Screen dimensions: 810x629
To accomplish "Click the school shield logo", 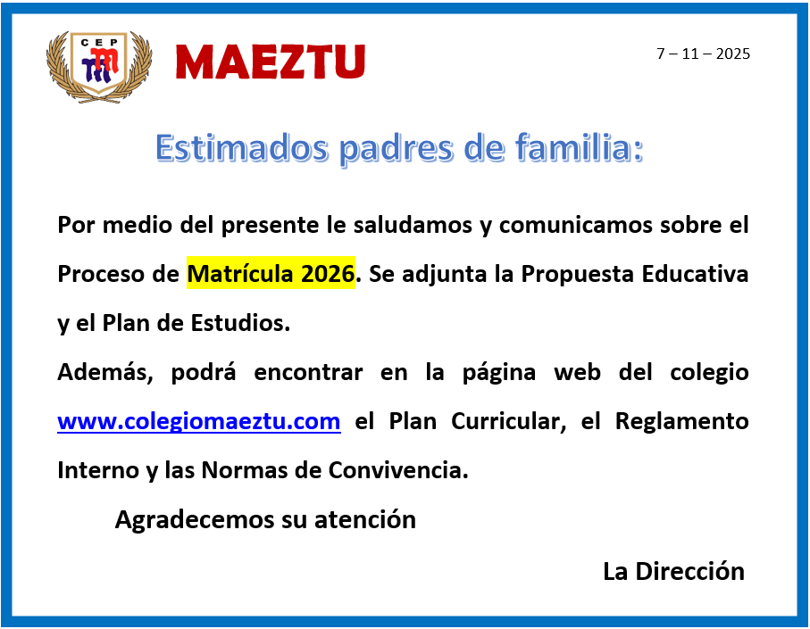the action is tap(99, 67).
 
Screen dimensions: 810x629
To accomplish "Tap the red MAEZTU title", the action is tap(271, 62).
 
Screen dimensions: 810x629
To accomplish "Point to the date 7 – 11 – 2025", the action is tap(703, 54).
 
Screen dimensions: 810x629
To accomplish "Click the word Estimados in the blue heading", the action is tap(242, 148).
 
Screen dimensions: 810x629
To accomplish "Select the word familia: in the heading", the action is tap(579, 148).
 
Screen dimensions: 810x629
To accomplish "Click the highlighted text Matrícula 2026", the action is tap(271, 273).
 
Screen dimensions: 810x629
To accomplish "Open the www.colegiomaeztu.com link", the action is tap(199, 422).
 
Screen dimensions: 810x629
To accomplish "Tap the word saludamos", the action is tap(413, 225).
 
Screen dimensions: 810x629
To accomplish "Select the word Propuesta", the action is tap(578, 274).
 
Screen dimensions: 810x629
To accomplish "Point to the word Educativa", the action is tap(695, 274).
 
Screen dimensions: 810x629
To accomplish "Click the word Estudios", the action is tap(240, 323).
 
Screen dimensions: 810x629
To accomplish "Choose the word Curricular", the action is tap(508, 422).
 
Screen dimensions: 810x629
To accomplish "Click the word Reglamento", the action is tap(682, 422).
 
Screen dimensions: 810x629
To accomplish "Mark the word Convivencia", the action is tap(398, 470).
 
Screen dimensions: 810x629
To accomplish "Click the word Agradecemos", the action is tap(194, 519).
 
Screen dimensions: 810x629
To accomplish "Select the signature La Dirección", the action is tap(673, 571).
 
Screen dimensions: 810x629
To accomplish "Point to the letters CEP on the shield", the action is tap(99, 42).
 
